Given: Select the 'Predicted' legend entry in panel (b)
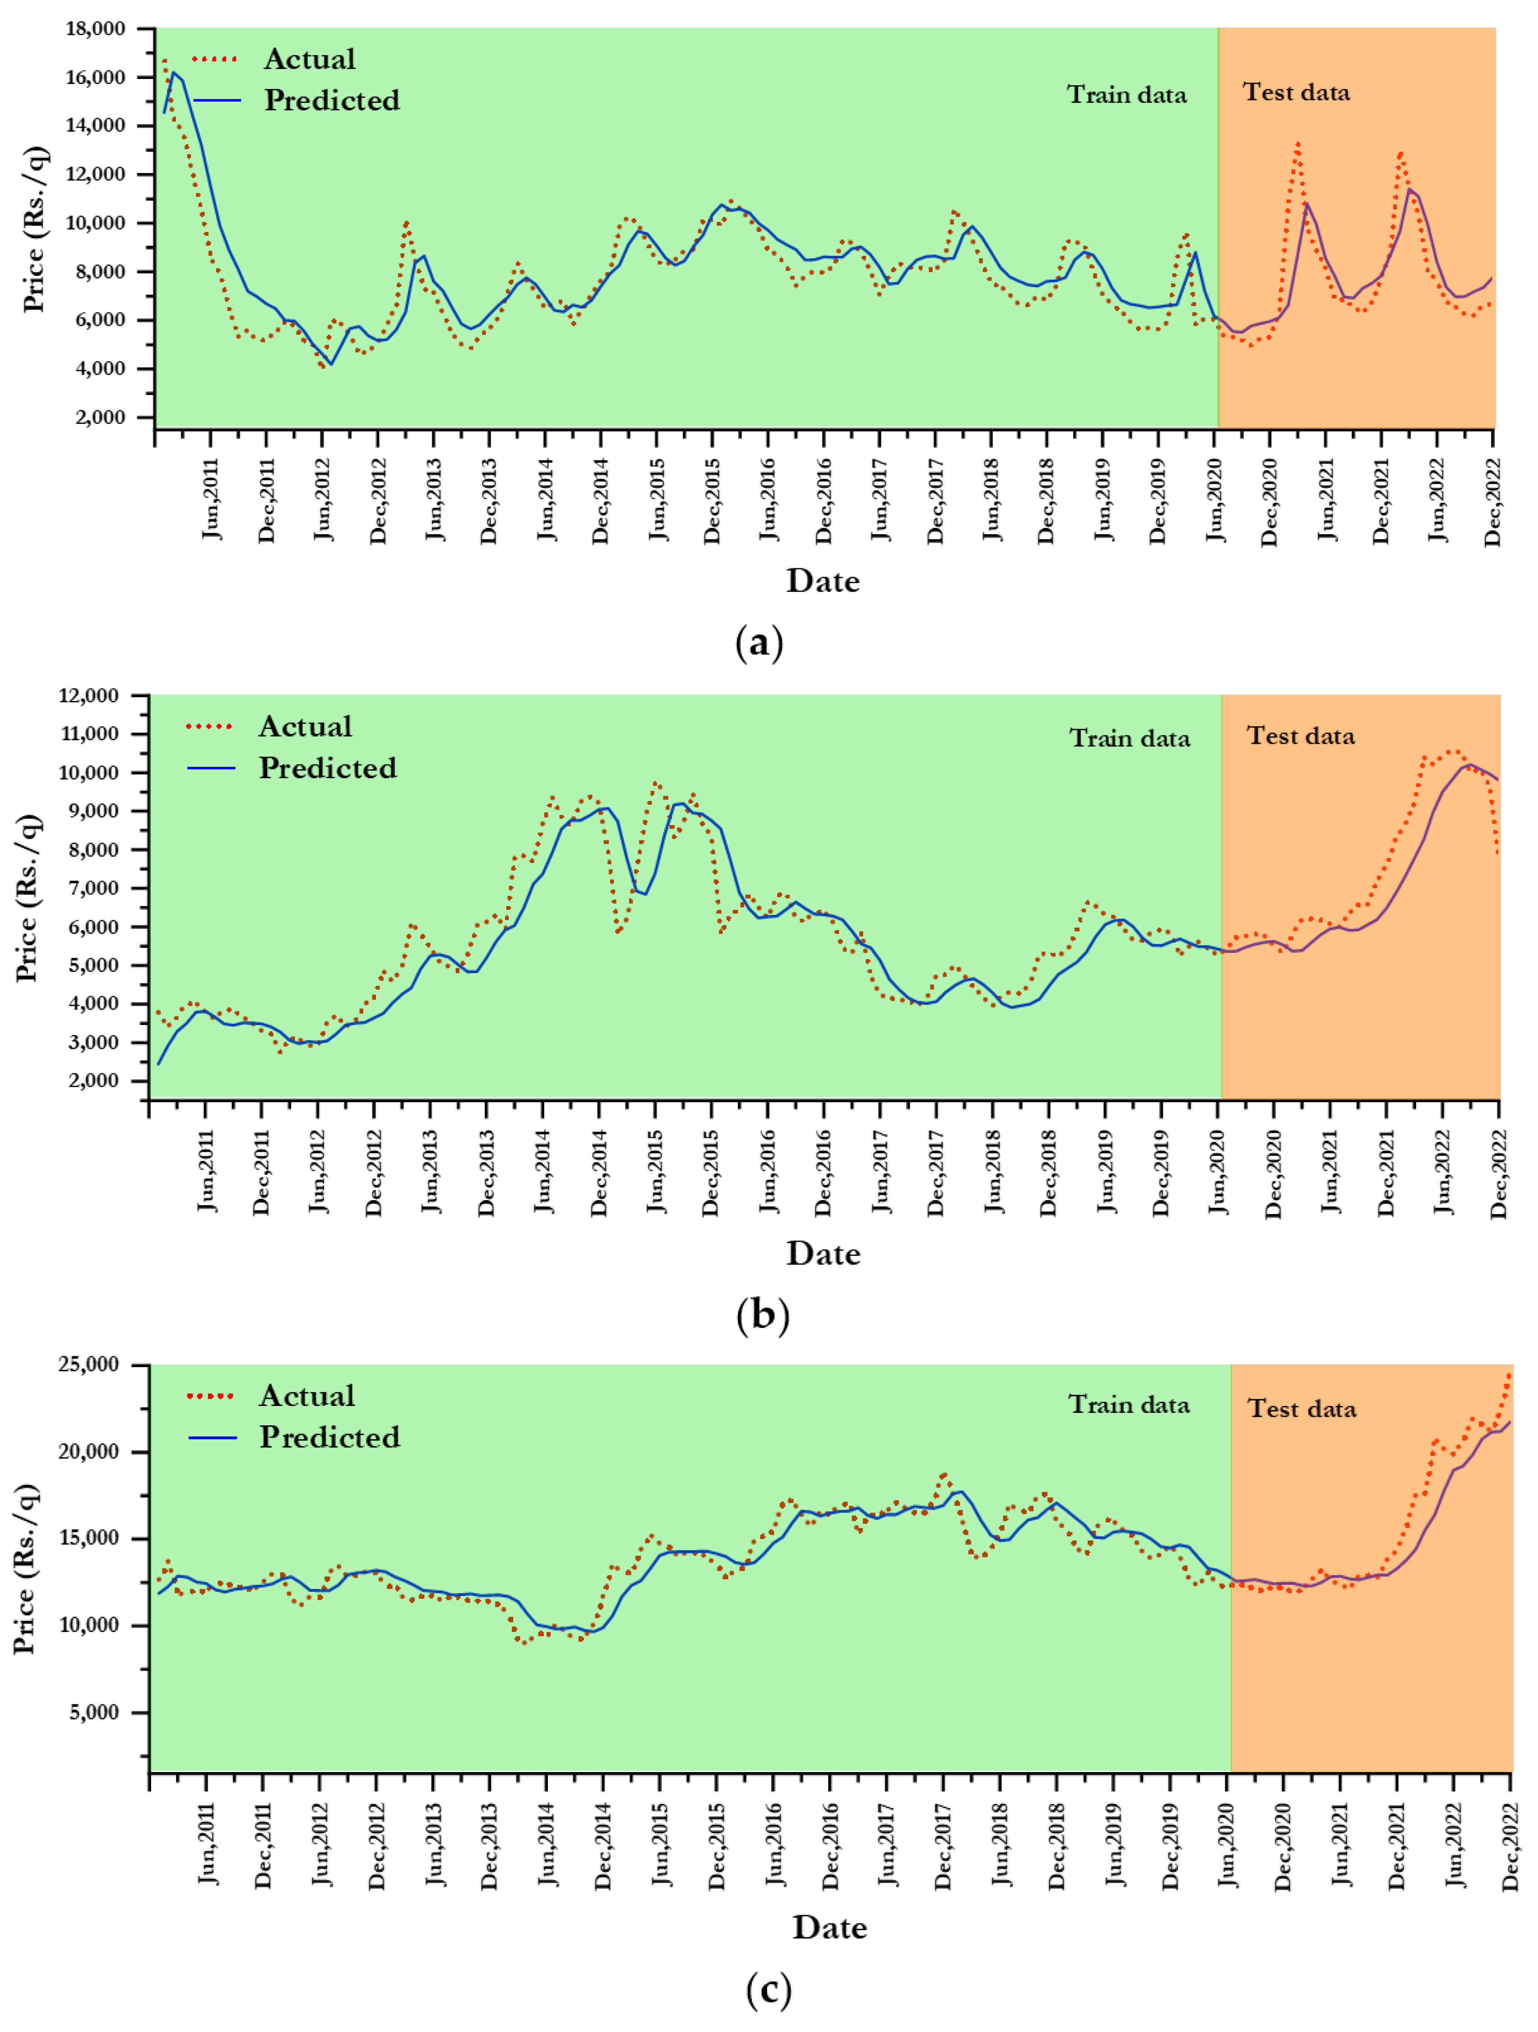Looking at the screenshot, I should [327, 768].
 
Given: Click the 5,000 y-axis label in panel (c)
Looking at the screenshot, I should [96, 1712].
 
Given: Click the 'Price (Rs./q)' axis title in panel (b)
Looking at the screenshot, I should [28, 897].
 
